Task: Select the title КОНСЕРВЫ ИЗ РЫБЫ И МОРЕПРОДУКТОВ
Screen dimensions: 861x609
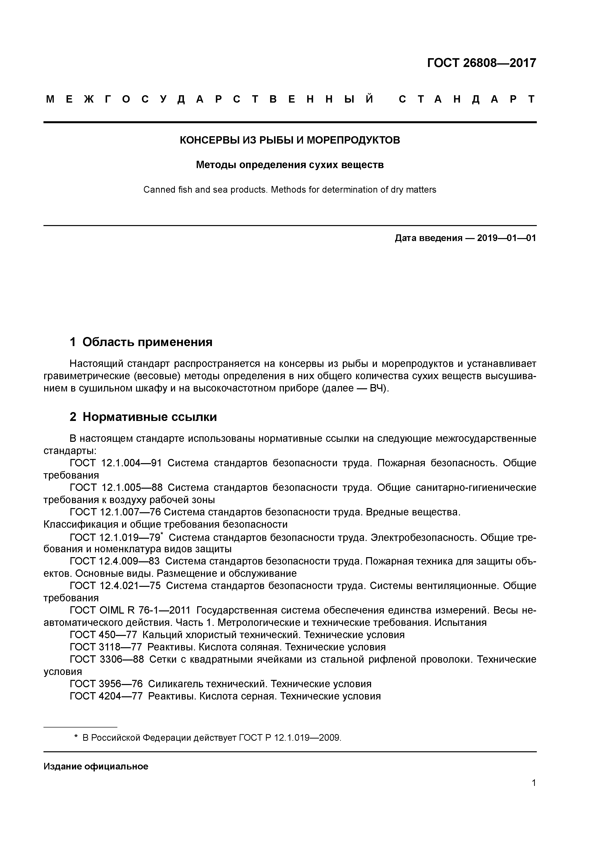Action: [x=290, y=140]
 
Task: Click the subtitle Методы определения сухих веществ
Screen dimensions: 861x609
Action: [x=290, y=165]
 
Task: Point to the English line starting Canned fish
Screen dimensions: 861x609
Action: [x=290, y=190]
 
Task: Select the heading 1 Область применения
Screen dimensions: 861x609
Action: [x=141, y=342]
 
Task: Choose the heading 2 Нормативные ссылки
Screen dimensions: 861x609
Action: [x=143, y=417]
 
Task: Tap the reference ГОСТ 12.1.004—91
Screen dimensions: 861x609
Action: [x=116, y=463]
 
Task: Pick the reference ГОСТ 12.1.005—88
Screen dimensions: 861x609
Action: [x=116, y=487]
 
